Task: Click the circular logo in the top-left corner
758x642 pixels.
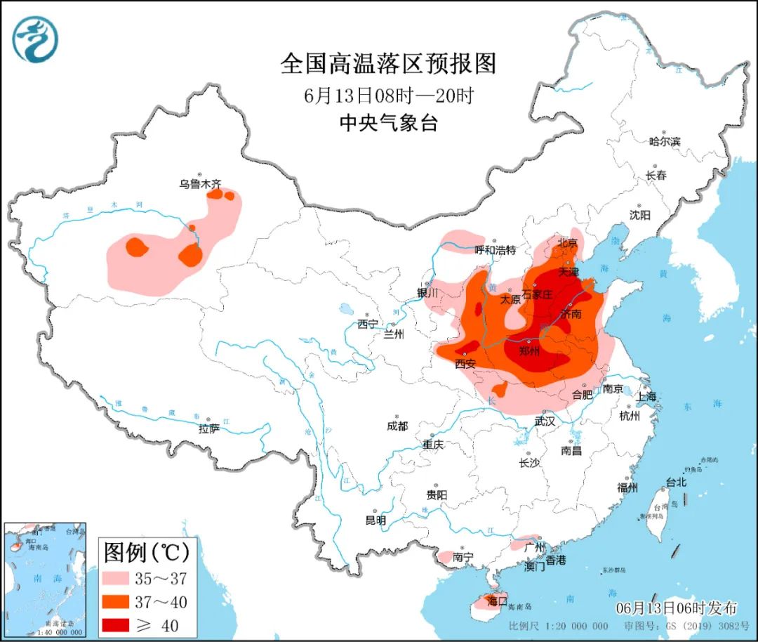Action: click(34, 39)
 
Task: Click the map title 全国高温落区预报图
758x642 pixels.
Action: click(388, 64)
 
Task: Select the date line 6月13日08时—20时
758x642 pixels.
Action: click(388, 95)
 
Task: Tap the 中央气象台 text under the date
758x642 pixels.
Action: click(388, 124)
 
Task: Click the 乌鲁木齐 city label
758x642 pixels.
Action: click(200, 184)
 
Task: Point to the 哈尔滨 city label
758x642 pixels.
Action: click(664, 141)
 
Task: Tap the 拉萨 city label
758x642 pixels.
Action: click(208, 428)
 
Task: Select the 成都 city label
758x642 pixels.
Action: click(397, 426)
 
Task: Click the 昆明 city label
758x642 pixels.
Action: click(375, 520)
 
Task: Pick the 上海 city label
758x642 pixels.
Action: click(646, 396)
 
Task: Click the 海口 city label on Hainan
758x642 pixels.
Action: click(497, 601)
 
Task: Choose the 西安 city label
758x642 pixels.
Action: click(465, 363)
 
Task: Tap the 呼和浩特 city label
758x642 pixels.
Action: click(495, 249)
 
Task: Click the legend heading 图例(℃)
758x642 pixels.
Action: click(146, 553)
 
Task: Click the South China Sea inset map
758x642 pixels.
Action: click(45, 580)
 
